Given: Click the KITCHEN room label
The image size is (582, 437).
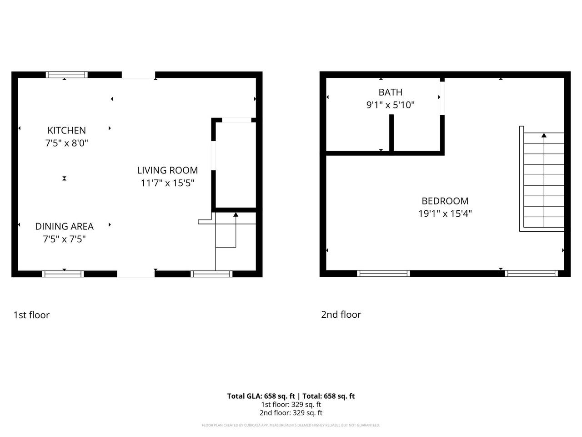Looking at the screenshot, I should [66, 130].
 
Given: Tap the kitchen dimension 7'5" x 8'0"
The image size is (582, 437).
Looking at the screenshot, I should [66, 143].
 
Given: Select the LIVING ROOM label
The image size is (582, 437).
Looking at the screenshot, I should [167, 170].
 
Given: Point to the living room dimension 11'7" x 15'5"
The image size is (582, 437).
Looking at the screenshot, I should [167, 183].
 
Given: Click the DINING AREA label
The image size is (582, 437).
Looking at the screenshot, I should [64, 226].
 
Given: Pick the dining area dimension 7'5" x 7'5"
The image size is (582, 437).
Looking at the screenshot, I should [64, 239].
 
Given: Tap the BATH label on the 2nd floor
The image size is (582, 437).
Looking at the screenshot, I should [390, 92].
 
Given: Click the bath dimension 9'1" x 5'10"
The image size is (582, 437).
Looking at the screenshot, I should [390, 105].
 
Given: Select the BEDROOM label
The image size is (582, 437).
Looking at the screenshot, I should [445, 201].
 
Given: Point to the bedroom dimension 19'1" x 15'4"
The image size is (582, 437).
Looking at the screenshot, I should [445, 213].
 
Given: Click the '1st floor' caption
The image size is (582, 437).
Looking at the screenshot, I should [31, 315].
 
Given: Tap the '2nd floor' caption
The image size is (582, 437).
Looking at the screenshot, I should [341, 315].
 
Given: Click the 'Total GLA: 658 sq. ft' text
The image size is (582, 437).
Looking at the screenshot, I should [261, 396].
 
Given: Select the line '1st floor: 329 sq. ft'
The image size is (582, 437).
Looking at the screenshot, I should [291, 405].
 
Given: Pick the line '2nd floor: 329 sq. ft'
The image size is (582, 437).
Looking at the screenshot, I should [291, 413].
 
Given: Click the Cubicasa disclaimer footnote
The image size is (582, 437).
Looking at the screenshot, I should [291, 425].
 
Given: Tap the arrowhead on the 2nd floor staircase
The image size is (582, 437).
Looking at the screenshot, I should [544, 135].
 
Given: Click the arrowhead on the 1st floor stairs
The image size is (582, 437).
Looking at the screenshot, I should [236, 214].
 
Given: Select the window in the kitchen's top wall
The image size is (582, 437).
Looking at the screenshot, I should [67, 75].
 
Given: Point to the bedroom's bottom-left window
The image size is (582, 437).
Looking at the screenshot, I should [383, 274].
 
